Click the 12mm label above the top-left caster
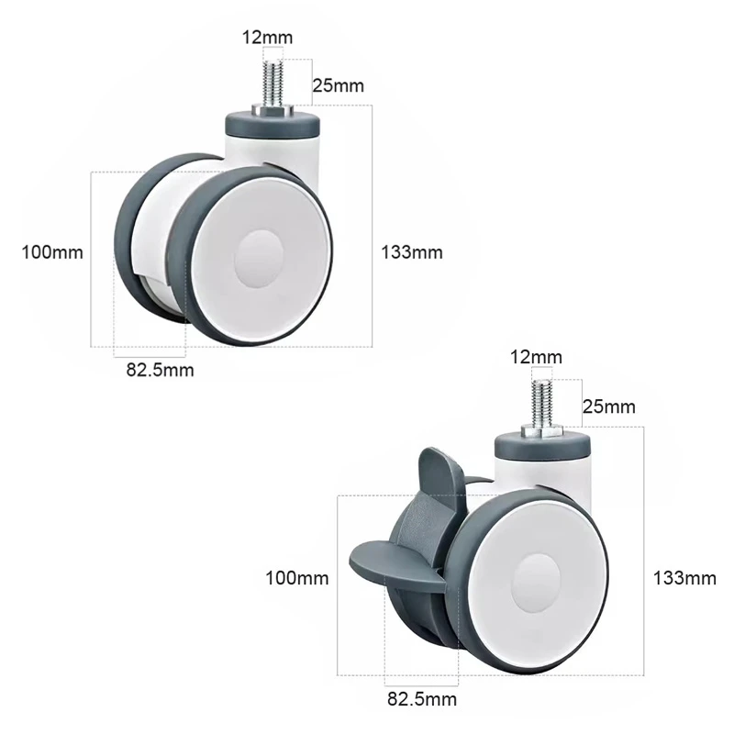[267, 38]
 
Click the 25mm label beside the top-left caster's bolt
[338, 85]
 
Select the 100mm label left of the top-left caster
[52, 252]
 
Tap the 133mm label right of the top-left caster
[412, 252]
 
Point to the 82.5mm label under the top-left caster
[160, 370]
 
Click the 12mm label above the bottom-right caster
[536, 357]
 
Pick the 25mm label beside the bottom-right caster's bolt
[609, 406]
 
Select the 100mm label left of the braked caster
[297, 578]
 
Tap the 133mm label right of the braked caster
[684, 578]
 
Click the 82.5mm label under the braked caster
[422, 699]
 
